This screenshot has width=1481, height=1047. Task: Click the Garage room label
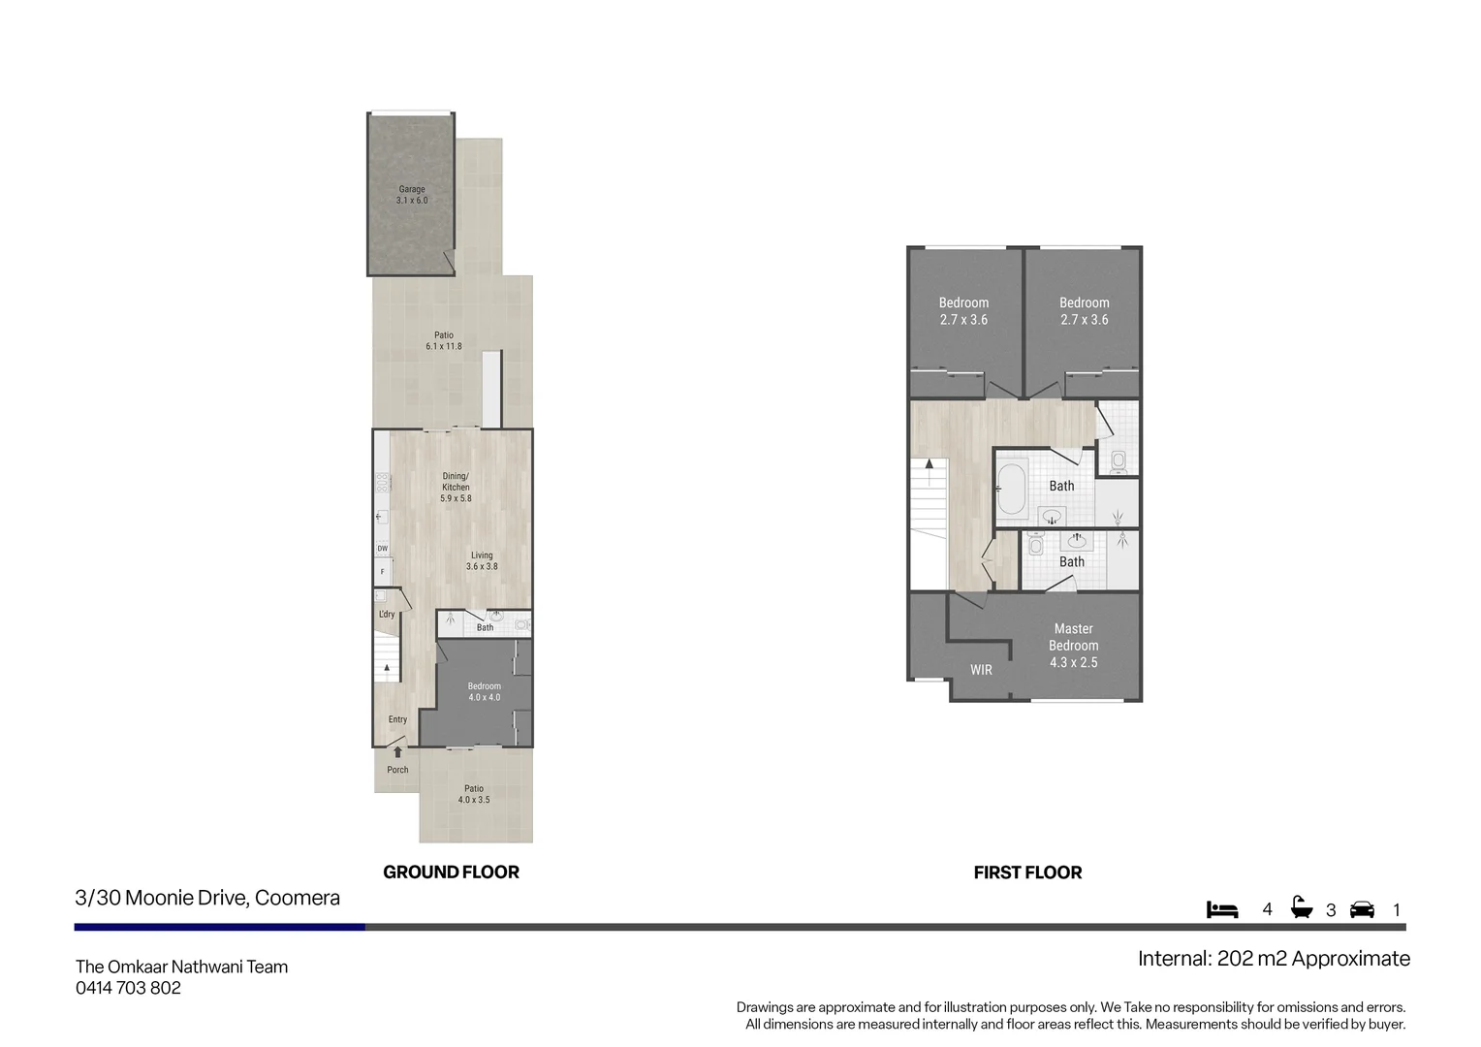point(411,195)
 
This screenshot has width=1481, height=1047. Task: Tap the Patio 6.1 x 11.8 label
point(443,340)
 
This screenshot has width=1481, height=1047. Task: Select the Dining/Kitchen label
point(456,487)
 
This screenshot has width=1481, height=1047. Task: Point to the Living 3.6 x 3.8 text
point(482,561)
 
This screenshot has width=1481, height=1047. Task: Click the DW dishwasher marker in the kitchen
point(382,549)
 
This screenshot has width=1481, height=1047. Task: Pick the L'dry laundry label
point(387,615)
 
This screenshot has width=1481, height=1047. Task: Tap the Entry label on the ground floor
point(397,719)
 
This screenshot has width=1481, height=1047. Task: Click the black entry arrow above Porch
point(397,751)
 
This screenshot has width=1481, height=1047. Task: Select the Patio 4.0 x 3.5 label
point(474,794)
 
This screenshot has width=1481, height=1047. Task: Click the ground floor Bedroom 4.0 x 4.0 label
point(484,691)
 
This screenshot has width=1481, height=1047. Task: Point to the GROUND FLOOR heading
point(451,872)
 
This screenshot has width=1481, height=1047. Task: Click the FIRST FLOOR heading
point(1027,872)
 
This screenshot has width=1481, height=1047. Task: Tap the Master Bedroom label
point(1073,646)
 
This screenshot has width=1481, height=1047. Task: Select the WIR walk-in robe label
point(981,670)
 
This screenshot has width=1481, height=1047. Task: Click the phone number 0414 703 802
point(128,988)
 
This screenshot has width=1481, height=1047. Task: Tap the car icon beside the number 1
point(1362,909)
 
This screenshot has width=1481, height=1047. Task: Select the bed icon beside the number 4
point(1222,909)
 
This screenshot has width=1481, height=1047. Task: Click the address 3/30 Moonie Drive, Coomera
point(207,898)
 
